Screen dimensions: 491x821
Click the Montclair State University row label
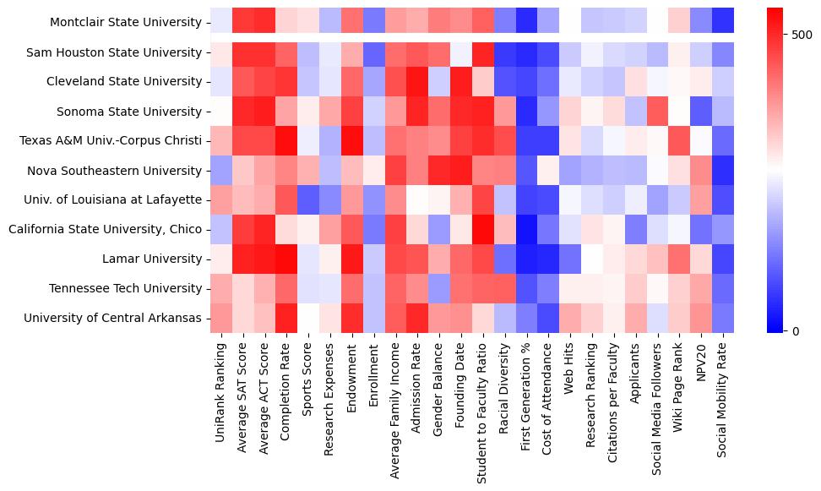tap(125, 23)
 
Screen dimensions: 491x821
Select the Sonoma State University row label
tap(129, 112)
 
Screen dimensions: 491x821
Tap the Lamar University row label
tap(160, 259)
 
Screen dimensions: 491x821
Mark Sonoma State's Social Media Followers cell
tap(656, 112)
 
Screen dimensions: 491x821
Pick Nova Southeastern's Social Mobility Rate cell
tap(722, 171)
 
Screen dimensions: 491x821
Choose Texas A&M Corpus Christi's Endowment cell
tap(352, 141)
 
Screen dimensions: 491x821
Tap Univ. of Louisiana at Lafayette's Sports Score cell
tap(308, 199)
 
